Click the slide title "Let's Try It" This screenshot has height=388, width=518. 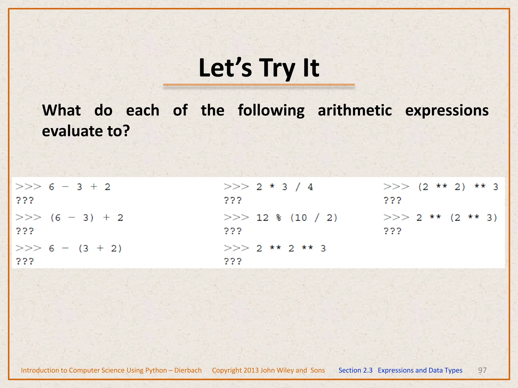pyautogui.click(x=259, y=68)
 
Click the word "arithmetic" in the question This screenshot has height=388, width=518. pyautogui.click(x=355, y=111)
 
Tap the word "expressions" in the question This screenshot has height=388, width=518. pyautogui.click(x=447, y=111)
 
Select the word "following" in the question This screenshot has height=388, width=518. pyautogui.click(x=271, y=111)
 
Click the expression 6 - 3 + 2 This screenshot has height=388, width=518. pyautogui.click(x=80, y=187)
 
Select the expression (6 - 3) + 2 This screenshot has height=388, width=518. pyautogui.click(x=87, y=218)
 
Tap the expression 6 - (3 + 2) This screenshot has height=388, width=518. pyautogui.click(x=85, y=249)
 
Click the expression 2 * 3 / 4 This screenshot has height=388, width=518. pyautogui.click(x=285, y=187)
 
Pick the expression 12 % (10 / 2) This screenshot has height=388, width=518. pyautogui.click(x=297, y=218)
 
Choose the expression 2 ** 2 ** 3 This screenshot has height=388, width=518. pyautogui.click(x=291, y=249)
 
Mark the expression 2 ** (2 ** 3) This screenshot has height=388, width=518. pyautogui.click(x=457, y=218)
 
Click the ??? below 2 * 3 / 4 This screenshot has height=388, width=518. pyautogui.click(x=233, y=201)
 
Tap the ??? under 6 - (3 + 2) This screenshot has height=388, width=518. pyautogui.click(x=25, y=261)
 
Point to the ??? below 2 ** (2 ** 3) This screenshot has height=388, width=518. pyautogui.click(x=392, y=231)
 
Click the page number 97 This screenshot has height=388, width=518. pyautogui.click(x=482, y=370)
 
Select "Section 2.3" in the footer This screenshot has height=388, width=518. pyautogui.click(x=355, y=370)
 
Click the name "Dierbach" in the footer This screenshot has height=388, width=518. pyautogui.click(x=188, y=370)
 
